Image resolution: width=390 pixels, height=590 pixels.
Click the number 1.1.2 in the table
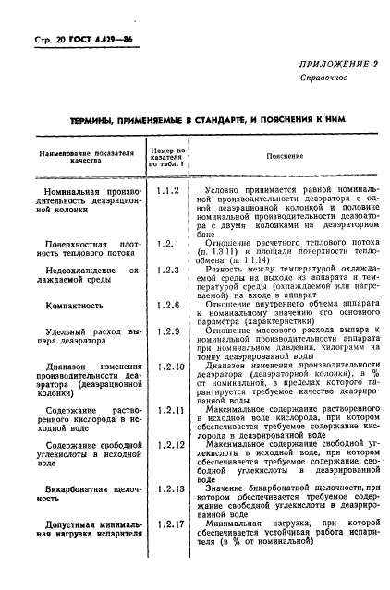tap(166, 191)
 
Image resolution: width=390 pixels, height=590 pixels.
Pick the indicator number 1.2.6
tap(166, 304)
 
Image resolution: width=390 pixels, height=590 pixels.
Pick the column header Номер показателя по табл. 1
tap(167, 156)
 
